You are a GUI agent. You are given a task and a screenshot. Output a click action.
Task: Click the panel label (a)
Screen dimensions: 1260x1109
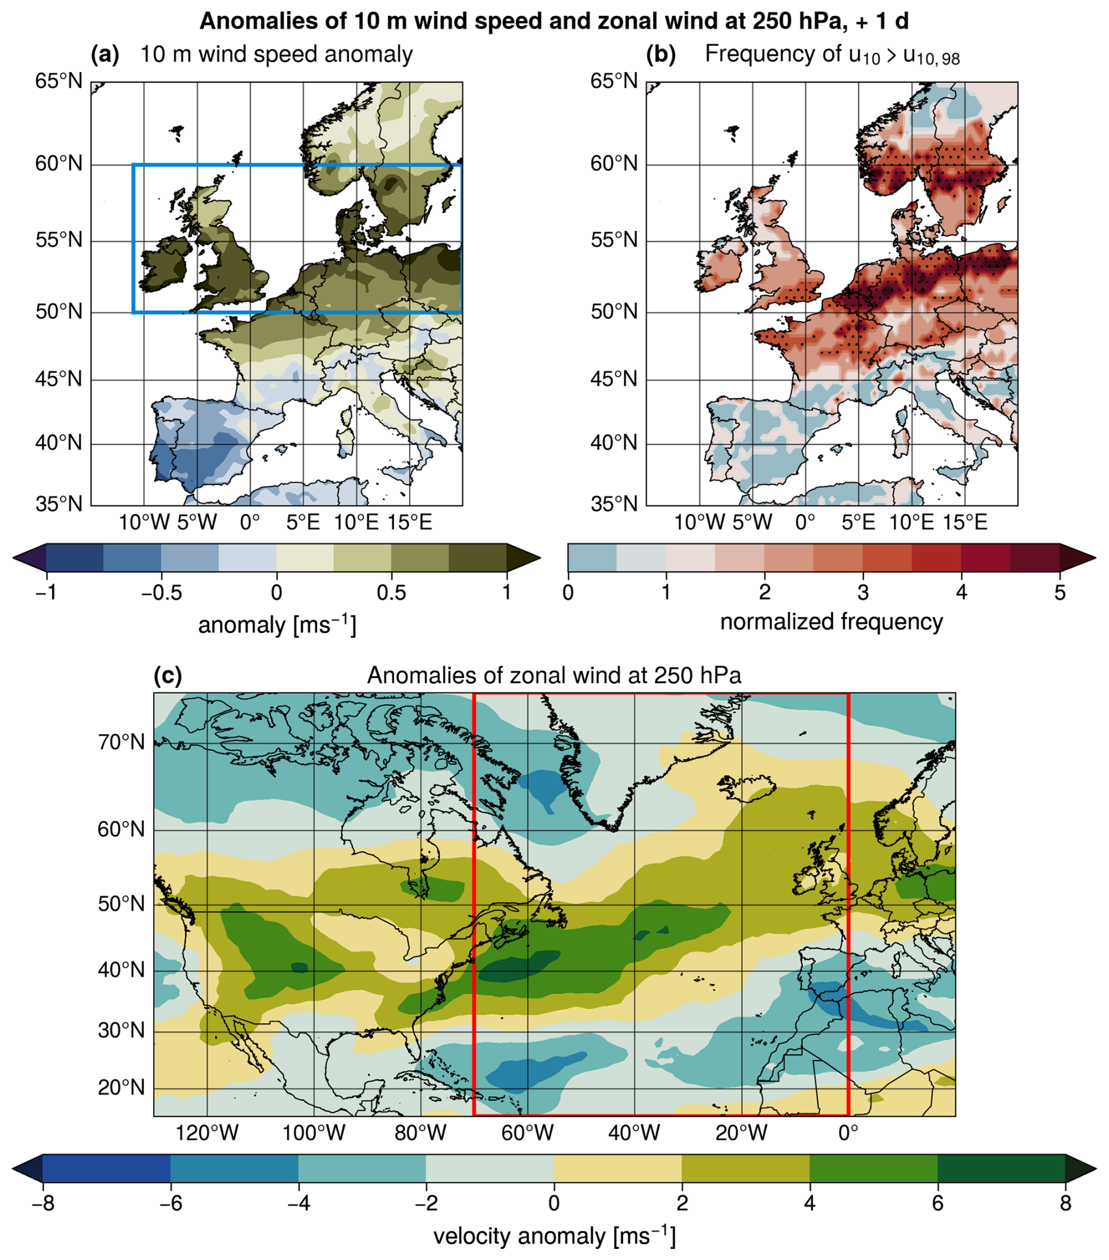(x=105, y=55)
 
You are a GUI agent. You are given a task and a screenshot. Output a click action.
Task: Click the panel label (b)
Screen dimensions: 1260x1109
(x=661, y=55)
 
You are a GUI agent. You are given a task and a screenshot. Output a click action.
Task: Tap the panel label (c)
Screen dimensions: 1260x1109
(x=168, y=675)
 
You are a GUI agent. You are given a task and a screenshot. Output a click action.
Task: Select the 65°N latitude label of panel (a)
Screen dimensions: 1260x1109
(x=59, y=81)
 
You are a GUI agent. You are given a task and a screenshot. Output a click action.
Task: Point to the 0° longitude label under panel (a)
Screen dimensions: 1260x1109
(x=250, y=522)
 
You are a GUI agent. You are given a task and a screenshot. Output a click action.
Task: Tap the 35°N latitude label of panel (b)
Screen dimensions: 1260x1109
(x=614, y=504)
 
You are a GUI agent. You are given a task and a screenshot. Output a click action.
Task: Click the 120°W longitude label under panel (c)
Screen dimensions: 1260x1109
(x=207, y=1132)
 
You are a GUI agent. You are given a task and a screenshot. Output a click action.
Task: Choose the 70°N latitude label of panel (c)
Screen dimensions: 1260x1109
(x=121, y=743)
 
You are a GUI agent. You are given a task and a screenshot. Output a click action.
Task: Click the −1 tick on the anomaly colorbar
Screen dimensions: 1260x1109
(x=46, y=592)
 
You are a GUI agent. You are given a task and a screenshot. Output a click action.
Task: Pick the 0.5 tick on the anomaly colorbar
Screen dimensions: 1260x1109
(x=391, y=592)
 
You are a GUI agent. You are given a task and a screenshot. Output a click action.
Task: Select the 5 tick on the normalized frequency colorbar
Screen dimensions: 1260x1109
(x=1060, y=592)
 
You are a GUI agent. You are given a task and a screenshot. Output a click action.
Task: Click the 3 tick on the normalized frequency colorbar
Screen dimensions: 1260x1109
(x=863, y=592)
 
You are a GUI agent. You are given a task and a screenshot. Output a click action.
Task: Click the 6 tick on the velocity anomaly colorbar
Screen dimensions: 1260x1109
(x=938, y=1203)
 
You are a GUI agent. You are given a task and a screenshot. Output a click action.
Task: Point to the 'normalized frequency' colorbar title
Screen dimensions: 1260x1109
(x=831, y=621)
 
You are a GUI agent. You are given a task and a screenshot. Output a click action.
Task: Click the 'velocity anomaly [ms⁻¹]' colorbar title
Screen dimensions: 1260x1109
(x=554, y=1236)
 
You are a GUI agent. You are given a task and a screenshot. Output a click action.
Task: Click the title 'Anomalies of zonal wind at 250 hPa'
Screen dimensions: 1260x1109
(x=554, y=675)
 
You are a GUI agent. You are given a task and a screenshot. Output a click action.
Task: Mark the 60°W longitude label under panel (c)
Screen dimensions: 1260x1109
(x=528, y=1132)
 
